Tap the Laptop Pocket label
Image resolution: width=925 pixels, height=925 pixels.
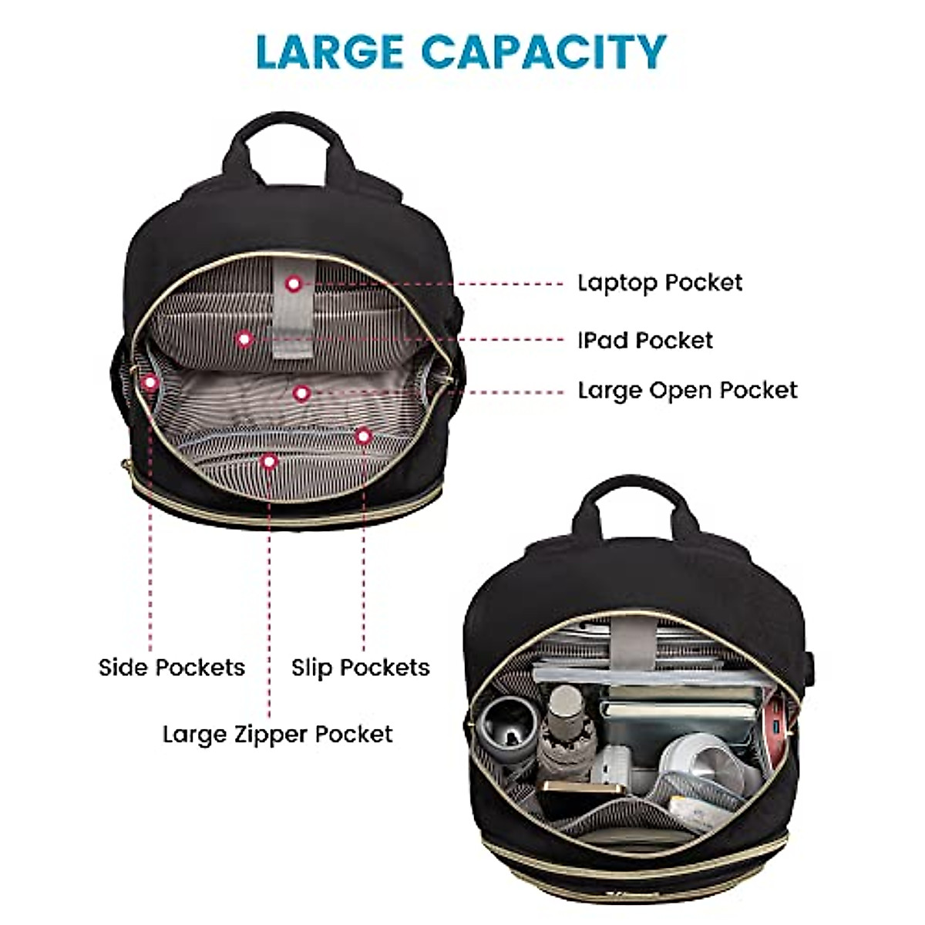660,283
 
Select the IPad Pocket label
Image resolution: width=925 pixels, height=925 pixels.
646,340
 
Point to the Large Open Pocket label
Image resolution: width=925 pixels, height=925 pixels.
688,390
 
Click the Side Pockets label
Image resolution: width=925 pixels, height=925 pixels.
172,667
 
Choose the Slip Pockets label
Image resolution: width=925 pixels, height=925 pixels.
360,667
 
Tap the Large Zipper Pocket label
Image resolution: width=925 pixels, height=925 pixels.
277,734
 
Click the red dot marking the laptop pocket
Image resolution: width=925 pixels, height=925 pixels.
293,284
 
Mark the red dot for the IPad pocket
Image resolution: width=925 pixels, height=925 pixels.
244,338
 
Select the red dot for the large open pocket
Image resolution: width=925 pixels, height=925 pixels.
302,393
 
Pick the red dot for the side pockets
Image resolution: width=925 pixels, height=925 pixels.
150,381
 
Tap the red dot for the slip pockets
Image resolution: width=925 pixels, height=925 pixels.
363,436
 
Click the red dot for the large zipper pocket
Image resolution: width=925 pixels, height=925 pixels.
268,462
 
